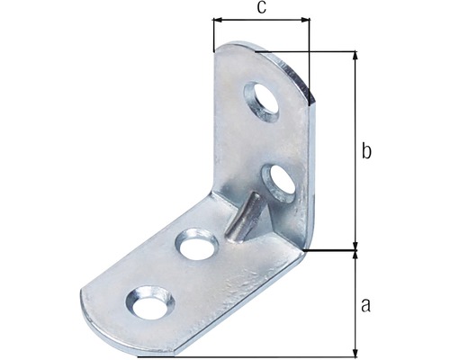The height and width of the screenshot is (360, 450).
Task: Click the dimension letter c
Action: tap(261, 8)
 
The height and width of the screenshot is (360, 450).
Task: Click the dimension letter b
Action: tap(366, 150)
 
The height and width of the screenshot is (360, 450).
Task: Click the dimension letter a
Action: tap(365, 305)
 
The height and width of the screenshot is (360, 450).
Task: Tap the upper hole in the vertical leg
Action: tap(262, 102)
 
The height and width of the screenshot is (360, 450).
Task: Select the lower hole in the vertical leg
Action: tap(279, 183)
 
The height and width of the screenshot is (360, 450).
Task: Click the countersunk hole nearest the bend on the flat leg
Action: tap(197, 244)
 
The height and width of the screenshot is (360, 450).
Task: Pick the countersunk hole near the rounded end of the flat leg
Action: tap(149, 302)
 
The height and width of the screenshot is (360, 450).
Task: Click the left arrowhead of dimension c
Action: tap(217, 20)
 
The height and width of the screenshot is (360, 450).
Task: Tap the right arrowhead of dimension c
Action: tap(305, 20)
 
